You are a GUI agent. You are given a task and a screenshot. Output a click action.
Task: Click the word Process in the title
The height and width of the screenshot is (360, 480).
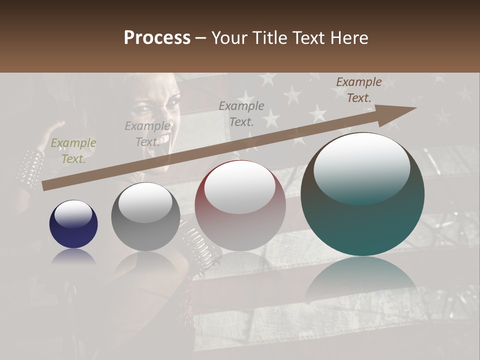pos(157,38)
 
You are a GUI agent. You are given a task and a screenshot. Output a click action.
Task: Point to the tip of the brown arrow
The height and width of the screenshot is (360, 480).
pos(415,108)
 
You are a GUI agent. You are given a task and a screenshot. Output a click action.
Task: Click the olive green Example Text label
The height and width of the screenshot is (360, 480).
pos(73,151)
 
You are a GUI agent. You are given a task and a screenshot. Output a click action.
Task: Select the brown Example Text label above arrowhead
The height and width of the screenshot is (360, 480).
pos(358,90)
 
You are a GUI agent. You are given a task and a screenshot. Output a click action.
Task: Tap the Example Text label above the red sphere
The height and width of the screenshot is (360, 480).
pos(241,113)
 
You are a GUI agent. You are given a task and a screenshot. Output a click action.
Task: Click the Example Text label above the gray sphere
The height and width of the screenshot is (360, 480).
pos(147,134)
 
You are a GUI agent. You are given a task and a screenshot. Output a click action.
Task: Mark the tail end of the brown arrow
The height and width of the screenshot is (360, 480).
pos(44,186)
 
